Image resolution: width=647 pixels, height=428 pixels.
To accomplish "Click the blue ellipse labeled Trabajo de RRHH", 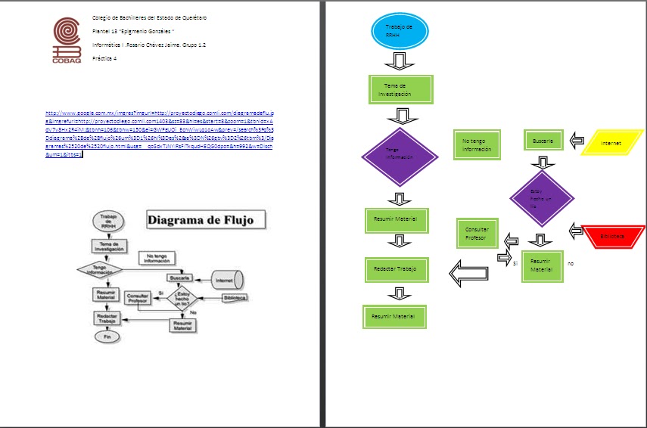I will click(x=400, y=32).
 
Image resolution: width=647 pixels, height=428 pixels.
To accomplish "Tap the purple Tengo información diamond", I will click(x=400, y=157).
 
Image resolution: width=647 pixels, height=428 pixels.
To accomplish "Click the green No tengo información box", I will click(x=477, y=145).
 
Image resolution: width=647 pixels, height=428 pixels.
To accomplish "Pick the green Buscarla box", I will click(x=543, y=141).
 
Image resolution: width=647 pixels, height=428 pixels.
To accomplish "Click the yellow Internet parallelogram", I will click(x=611, y=143).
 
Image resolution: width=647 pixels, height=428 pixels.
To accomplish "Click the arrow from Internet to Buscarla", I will click(x=577, y=141).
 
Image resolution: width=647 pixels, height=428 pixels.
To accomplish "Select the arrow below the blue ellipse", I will click(x=400, y=60).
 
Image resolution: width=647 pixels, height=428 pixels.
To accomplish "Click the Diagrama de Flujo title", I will click(x=207, y=221).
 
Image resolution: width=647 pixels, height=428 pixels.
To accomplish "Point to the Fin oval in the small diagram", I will click(x=107, y=335).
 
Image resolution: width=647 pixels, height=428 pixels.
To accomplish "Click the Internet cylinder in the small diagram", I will click(x=225, y=280).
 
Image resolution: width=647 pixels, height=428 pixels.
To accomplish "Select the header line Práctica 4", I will click(x=104, y=58).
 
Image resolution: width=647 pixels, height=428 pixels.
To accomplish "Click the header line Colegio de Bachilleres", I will click(x=148, y=17).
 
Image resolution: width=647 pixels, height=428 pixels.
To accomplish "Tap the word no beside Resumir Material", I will click(x=571, y=263).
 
